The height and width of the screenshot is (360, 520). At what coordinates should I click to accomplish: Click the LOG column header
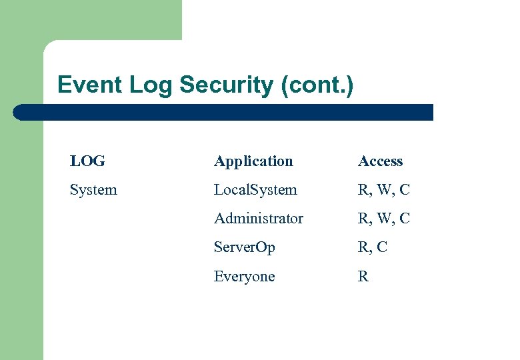tap(87, 161)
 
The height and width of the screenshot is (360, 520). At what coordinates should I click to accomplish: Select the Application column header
tap(253, 161)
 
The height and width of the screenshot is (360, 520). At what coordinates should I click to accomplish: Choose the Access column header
tap(380, 161)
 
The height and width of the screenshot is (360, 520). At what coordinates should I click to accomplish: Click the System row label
tap(93, 190)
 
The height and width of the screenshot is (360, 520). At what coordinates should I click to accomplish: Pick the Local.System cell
tap(255, 190)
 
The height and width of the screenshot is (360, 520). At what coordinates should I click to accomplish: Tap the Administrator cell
tap(259, 219)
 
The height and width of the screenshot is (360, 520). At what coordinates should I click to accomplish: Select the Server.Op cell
tap(244, 247)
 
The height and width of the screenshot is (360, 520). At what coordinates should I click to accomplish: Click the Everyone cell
tap(244, 277)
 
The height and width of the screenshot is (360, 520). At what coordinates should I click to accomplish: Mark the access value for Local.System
tap(383, 190)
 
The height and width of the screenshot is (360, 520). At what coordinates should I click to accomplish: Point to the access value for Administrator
tap(383, 219)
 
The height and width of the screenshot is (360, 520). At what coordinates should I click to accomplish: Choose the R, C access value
tap(372, 247)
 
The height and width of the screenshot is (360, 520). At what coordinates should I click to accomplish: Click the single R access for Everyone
tap(363, 277)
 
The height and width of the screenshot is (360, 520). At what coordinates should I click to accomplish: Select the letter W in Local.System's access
tap(384, 190)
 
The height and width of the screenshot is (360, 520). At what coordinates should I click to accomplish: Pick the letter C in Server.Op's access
tap(381, 247)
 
